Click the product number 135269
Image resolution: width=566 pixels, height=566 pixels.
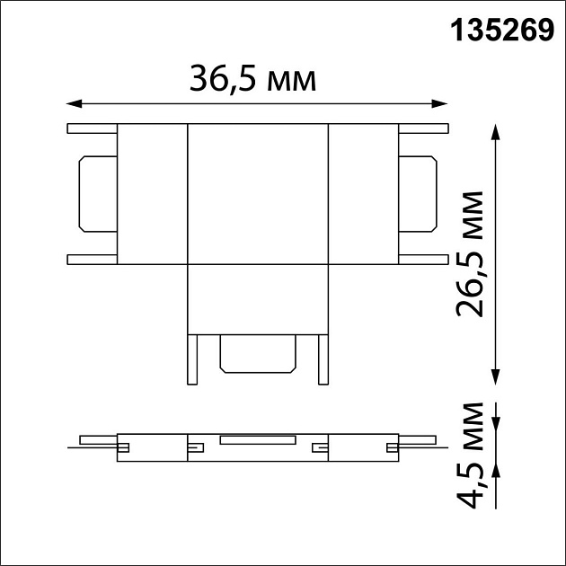coord(500,31)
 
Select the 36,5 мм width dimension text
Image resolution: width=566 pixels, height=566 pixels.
coord(253,79)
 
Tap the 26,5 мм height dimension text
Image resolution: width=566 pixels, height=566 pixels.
coord(470,254)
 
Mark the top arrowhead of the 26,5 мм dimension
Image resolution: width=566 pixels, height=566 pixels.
coord(495,131)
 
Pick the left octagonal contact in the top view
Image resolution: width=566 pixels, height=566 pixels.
coord(97,193)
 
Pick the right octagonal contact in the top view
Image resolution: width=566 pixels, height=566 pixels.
coord(418,193)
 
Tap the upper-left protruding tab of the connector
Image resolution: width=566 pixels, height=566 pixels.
coord(92,128)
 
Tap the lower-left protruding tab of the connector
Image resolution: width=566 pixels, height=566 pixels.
coord(92,260)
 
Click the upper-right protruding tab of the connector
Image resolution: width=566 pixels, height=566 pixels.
coord(422,128)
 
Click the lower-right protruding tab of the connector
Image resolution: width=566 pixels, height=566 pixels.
coord(422,260)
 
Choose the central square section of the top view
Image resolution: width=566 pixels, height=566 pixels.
coord(259,194)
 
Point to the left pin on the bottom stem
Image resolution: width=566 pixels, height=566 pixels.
coord(191,359)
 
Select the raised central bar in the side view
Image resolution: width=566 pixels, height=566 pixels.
coord(259,439)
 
